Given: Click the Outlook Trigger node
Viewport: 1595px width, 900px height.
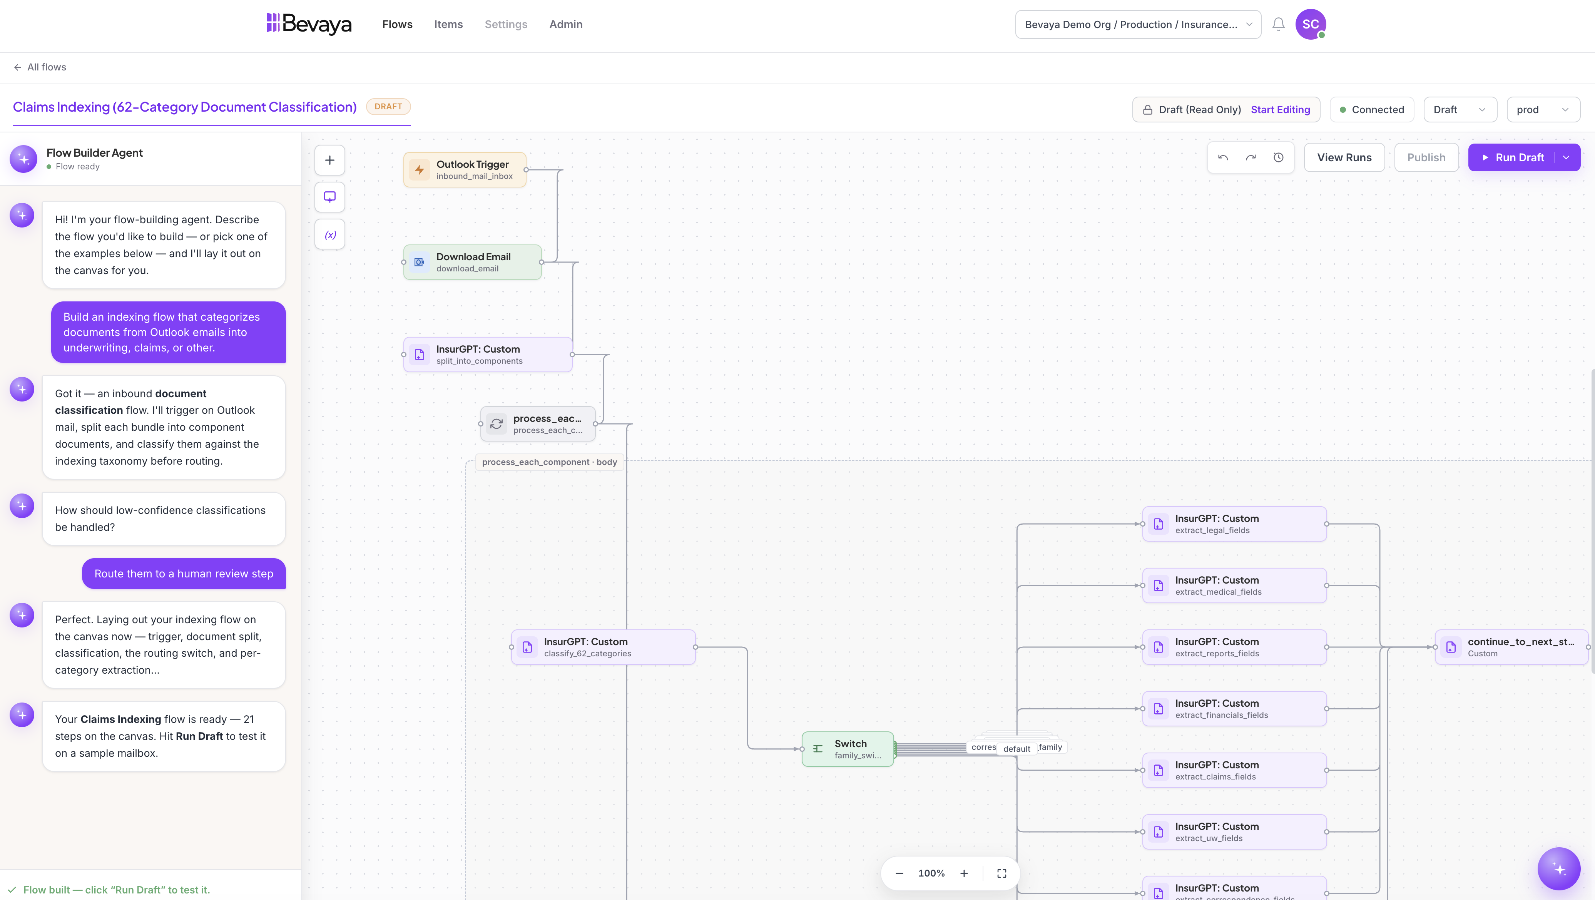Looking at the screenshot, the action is pyautogui.click(x=465, y=170).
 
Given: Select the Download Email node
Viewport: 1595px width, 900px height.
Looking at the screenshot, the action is pyautogui.click(x=472, y=262).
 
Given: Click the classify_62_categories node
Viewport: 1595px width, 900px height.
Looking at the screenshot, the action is pyautogui.click(x=604, y=647).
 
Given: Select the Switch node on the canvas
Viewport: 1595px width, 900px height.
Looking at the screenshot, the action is pyautogui.click(x=848, y=749).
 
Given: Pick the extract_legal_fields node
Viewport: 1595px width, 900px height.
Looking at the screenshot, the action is pyautogui.click(x=1234, y=524).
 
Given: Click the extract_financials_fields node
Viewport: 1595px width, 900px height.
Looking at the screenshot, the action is pyautogui.click(x=1234, y=709).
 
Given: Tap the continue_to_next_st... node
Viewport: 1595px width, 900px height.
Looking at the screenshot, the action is pyautogui.click(x=1511, y=647).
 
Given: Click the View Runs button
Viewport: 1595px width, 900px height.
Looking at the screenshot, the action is pyautogui.click(x=1344, y=157).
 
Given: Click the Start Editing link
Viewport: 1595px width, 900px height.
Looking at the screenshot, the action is pyautogui.click(x=1281, y=110).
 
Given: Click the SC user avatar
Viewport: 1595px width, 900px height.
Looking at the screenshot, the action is pyautogui.click(x=1310, y=24).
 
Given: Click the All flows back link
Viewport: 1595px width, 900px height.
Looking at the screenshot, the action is pyautogui.click(x=40, y=67).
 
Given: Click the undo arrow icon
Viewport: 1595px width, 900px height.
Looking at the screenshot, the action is pyautogui.click(x=1223, y=157).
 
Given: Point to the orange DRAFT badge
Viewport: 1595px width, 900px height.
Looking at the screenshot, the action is pyautogui.click(x=388, y=107).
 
